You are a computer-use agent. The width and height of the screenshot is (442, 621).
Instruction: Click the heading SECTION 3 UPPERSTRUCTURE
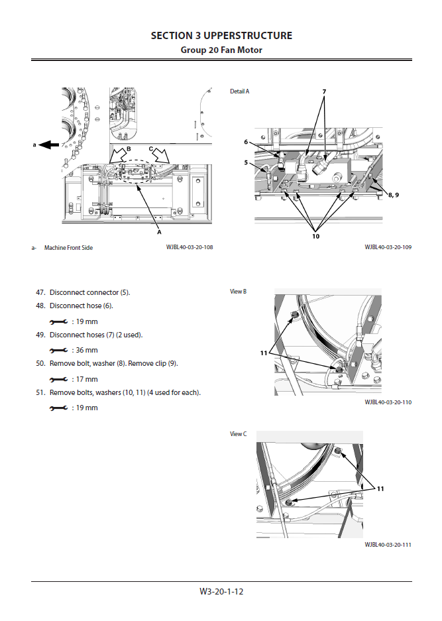click(x=221, y=36)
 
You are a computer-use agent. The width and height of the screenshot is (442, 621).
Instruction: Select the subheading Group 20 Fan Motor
click(x=221, y=50)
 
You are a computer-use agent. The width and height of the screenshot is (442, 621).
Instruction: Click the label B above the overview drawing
click(x=129, y=148)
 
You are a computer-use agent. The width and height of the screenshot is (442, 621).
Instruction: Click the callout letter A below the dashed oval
click(x=159, y=233)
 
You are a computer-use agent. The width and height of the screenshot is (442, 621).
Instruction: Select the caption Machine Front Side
click(x=68, y=248)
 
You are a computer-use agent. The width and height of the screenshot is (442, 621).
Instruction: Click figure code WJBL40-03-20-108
click(x=190, y=248)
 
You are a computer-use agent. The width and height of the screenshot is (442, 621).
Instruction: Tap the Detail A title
click(x=239, y=91)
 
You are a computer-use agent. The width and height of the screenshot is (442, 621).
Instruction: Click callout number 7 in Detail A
click(x=325, y=91)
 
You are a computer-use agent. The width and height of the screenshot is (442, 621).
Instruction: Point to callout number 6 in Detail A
click(x=245, y=142)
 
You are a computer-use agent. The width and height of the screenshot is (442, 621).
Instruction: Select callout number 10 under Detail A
click(x=315, y=235)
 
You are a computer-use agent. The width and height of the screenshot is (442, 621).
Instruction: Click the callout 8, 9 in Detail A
click(x=394, y=194)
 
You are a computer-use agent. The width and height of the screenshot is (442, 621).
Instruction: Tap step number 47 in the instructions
click(x=40, y=292)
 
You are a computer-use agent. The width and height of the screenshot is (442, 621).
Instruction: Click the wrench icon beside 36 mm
click(x=59, y=350)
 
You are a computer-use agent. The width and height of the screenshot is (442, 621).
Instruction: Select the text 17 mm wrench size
click(x=85, y=379)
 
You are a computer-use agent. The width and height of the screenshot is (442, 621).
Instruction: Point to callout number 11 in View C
click(x=380, y=488)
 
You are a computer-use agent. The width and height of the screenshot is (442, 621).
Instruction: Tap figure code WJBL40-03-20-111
click(x=388, y=545)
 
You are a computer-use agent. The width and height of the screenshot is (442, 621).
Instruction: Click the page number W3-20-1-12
click(x=221, y=591)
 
